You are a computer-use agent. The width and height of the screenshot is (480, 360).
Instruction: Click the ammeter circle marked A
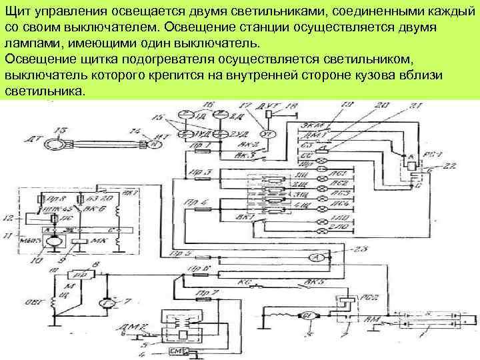point(319,257)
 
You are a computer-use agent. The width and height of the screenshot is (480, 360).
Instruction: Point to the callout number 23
point(364,248)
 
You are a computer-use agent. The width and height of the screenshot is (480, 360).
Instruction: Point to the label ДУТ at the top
point(271,106)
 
